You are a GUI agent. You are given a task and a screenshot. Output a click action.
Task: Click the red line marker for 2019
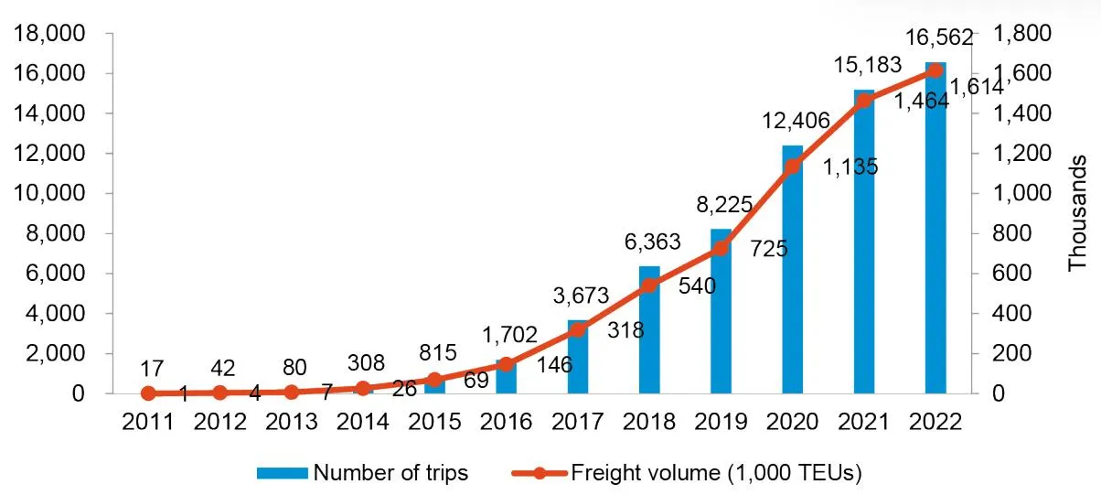coord(721,248)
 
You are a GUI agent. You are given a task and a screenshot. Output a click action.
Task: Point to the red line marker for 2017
coord(578,329)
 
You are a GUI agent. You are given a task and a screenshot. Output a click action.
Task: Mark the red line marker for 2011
coord(149,393)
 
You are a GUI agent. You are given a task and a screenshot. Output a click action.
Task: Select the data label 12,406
coord(792,121)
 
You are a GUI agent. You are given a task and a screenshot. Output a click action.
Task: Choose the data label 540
coord(697,286)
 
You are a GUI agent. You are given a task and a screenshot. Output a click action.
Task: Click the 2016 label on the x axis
coord(506,422)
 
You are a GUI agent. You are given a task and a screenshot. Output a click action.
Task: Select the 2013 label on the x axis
coord(292,422)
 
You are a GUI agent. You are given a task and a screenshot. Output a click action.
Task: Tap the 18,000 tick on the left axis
coord(59,34)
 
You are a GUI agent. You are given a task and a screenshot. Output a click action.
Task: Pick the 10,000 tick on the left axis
coord(59,194)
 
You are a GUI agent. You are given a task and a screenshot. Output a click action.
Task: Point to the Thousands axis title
coord(1078,213)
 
